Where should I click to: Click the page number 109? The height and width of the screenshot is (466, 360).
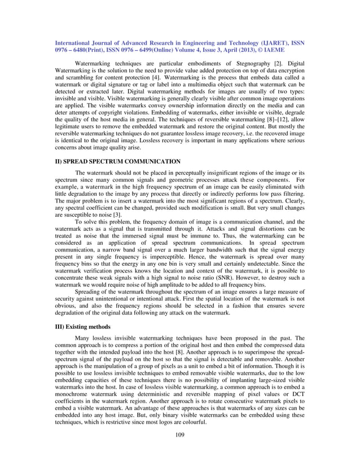(179, 434)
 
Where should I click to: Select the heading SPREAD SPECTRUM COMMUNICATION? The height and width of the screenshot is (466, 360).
(124, 161)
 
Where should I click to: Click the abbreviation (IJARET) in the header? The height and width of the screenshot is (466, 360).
(267, 42)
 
